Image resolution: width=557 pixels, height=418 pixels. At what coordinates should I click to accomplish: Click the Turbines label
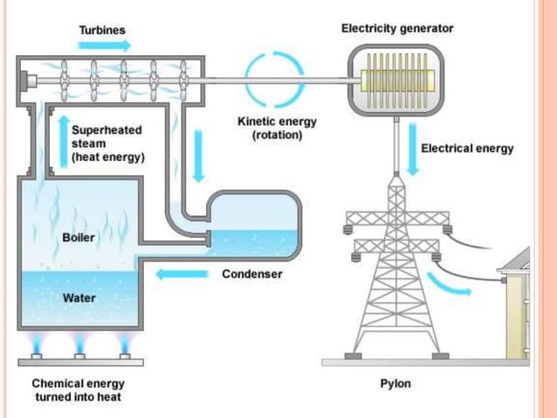coord(102,30)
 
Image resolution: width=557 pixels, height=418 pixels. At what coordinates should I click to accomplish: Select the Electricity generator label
coord(397,29)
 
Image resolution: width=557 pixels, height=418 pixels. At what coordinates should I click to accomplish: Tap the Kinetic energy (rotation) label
coord(277,129)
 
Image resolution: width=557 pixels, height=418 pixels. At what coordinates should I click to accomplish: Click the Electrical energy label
coord(467,148)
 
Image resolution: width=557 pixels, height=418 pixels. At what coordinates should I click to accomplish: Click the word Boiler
coord(79,237)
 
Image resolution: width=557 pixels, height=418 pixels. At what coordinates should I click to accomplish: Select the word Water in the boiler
coord(79,297)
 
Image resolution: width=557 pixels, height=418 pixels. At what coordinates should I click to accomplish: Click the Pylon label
coord(395,383)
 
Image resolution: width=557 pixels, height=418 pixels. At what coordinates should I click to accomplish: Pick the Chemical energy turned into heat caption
coord(78,390)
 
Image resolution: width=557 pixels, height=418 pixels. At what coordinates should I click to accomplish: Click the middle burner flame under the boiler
coord(79,342)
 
